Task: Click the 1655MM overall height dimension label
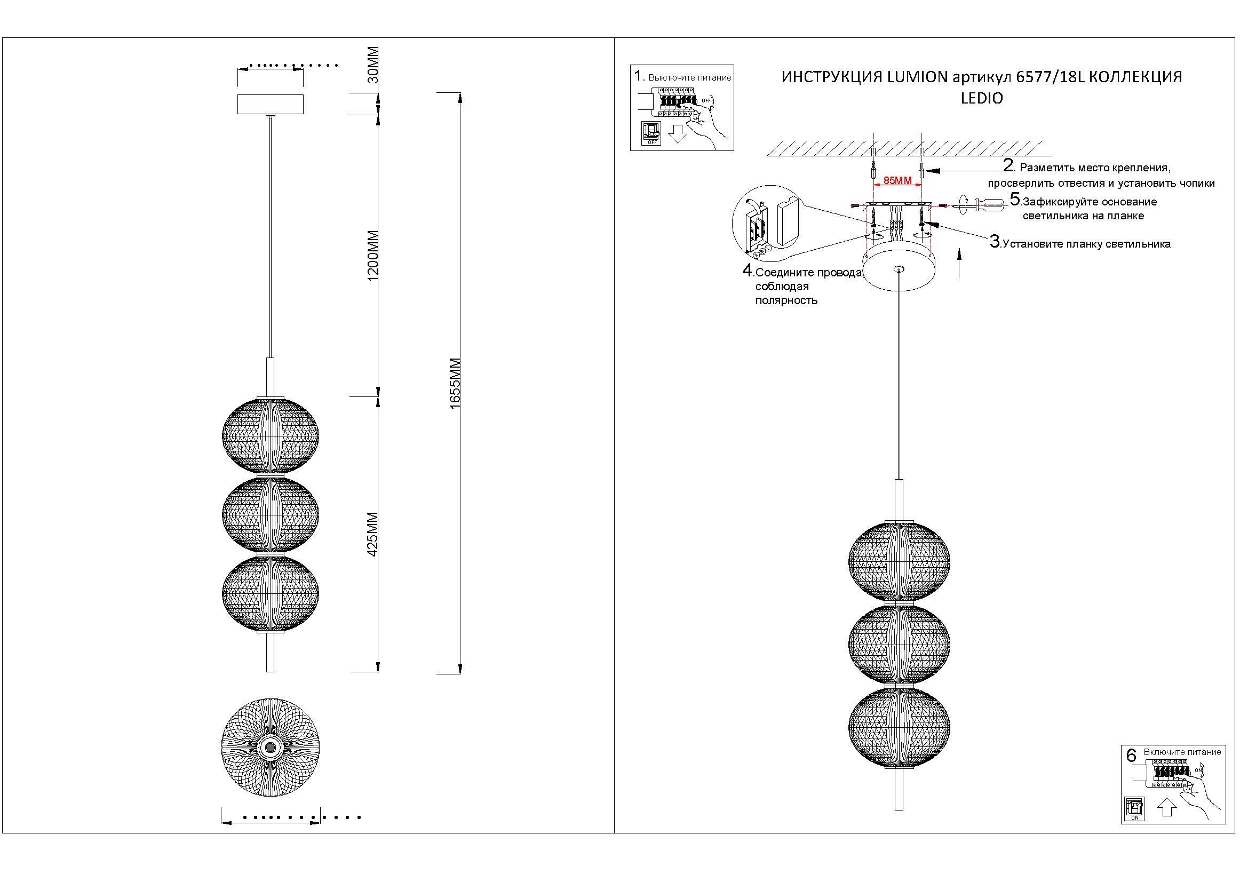click(x=455, y=383)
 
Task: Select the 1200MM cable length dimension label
click(x=373, y=256)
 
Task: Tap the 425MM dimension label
click(x=373, y=534)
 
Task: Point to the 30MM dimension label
click(x=373, y=64)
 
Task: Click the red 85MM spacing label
click(x=897, y=181)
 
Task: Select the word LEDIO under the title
click(x=982, y=99)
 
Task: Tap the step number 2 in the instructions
click(x=1008, y=165)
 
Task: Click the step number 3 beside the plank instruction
click(x=995, y=242)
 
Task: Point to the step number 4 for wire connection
click(x=748, y=270)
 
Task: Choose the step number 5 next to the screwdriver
click(x=1015, y=199)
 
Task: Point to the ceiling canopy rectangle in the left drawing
click(x=270, y=104)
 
